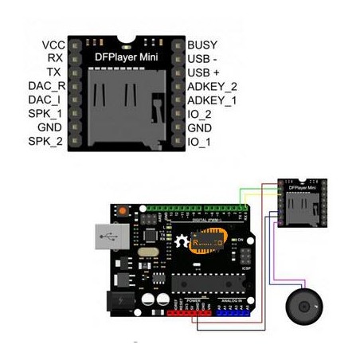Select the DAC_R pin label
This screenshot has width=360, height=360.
[x=45, y=86]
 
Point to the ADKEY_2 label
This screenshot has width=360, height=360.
[x=212, y=86]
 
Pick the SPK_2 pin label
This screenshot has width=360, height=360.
[x=46, y=142]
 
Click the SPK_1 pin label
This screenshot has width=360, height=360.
[x=46, y=114]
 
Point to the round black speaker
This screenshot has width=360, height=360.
[x=303, y=305]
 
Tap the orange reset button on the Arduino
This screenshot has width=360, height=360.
[x=124, y=211]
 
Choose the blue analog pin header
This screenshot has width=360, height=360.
[x=235, y=312]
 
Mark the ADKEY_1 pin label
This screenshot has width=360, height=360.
[x=212, y=100]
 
